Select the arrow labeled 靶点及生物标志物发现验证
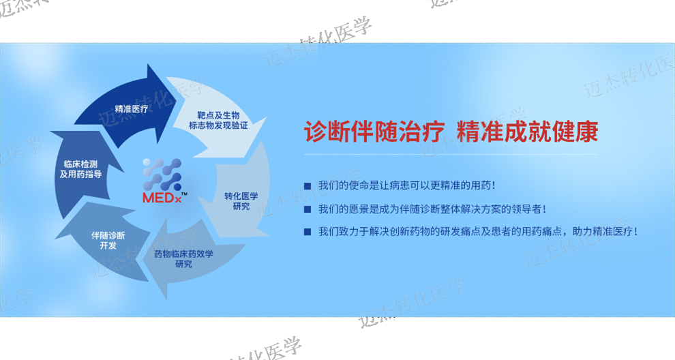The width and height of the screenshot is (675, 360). [217, 119]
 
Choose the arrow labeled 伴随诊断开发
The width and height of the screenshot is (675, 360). [108, 241]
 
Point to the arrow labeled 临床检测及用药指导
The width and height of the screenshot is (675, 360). [82, 172]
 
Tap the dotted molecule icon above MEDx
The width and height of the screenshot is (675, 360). [162, 175]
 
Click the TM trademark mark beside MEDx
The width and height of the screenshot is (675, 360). [184, 194]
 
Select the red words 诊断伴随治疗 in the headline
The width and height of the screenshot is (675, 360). [374, 132]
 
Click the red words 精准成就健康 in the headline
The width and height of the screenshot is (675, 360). [527, 132]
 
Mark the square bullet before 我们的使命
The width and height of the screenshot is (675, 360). [307, 186]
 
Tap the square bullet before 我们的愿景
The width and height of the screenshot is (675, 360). [307, 209]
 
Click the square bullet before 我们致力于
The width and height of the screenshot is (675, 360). [307, 232]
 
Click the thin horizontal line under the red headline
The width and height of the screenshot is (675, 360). [451, 154]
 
